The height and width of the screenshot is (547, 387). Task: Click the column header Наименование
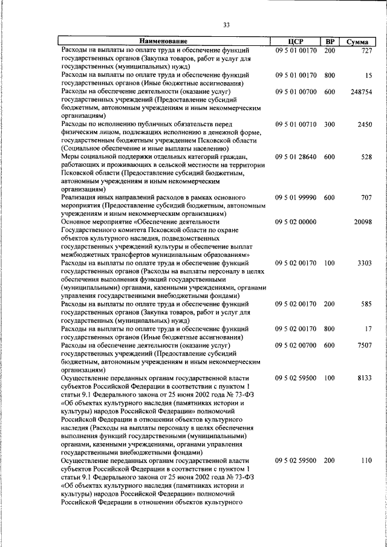pos(164,41)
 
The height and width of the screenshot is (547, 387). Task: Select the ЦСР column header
pos(296,41)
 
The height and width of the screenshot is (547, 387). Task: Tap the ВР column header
pos(330,41)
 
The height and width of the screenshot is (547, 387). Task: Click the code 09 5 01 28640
pos(296,157)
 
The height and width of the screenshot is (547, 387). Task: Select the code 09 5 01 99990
pos(296,198)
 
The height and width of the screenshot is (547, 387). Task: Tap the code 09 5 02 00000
pos(296,222)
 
